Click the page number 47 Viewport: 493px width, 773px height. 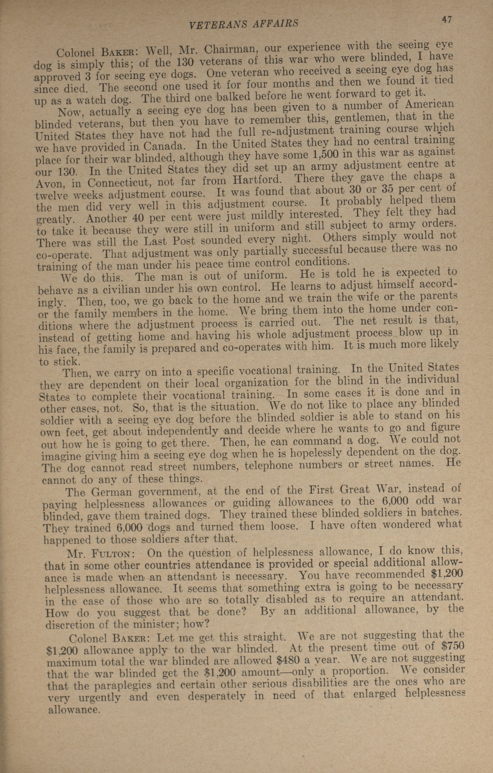[446, 20]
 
